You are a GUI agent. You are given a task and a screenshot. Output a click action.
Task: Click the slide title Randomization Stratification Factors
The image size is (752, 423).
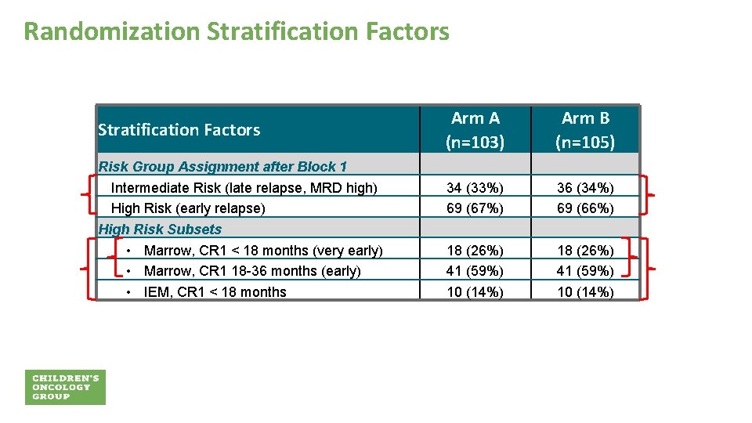pos(237,31)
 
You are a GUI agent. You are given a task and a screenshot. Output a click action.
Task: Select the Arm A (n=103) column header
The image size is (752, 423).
pos(475,130)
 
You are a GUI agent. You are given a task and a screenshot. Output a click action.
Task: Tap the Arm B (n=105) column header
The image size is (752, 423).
pos(585,130)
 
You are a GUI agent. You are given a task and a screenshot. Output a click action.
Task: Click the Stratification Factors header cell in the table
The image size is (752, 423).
pos(179,130)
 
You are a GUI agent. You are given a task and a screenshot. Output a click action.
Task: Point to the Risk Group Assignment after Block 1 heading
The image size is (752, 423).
pos(222,166)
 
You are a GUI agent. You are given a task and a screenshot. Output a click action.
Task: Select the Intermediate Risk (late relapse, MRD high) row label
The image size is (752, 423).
pos(244,187)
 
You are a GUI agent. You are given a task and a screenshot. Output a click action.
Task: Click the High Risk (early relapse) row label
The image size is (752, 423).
pos(188,208)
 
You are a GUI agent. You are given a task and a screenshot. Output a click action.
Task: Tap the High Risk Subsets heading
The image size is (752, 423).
pos(160,230)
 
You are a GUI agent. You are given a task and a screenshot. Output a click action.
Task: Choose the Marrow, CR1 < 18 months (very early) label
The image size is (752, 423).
pos(263,251)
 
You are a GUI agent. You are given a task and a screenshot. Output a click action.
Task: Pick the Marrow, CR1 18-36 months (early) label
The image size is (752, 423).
pos(252,271)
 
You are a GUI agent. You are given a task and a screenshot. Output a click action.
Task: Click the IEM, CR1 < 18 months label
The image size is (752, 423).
pos(215,292)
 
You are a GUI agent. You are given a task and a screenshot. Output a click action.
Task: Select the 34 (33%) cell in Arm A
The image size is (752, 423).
pos(475,188)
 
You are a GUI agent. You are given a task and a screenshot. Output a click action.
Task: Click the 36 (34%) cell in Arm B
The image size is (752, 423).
pos(585,188)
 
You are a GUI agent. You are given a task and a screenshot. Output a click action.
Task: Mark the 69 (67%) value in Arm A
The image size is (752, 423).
pos(475,208)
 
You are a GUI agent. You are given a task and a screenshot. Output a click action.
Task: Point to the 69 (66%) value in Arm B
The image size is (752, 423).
pos(585,208)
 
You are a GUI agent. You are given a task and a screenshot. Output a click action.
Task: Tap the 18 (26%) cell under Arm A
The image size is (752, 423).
pos(475,251)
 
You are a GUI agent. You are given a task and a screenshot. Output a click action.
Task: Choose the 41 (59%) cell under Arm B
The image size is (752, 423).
pos(585,271)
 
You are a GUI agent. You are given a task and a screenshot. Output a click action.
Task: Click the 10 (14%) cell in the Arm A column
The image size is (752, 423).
pos(475,292)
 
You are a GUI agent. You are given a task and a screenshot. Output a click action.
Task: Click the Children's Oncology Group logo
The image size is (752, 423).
pos(66,387)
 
